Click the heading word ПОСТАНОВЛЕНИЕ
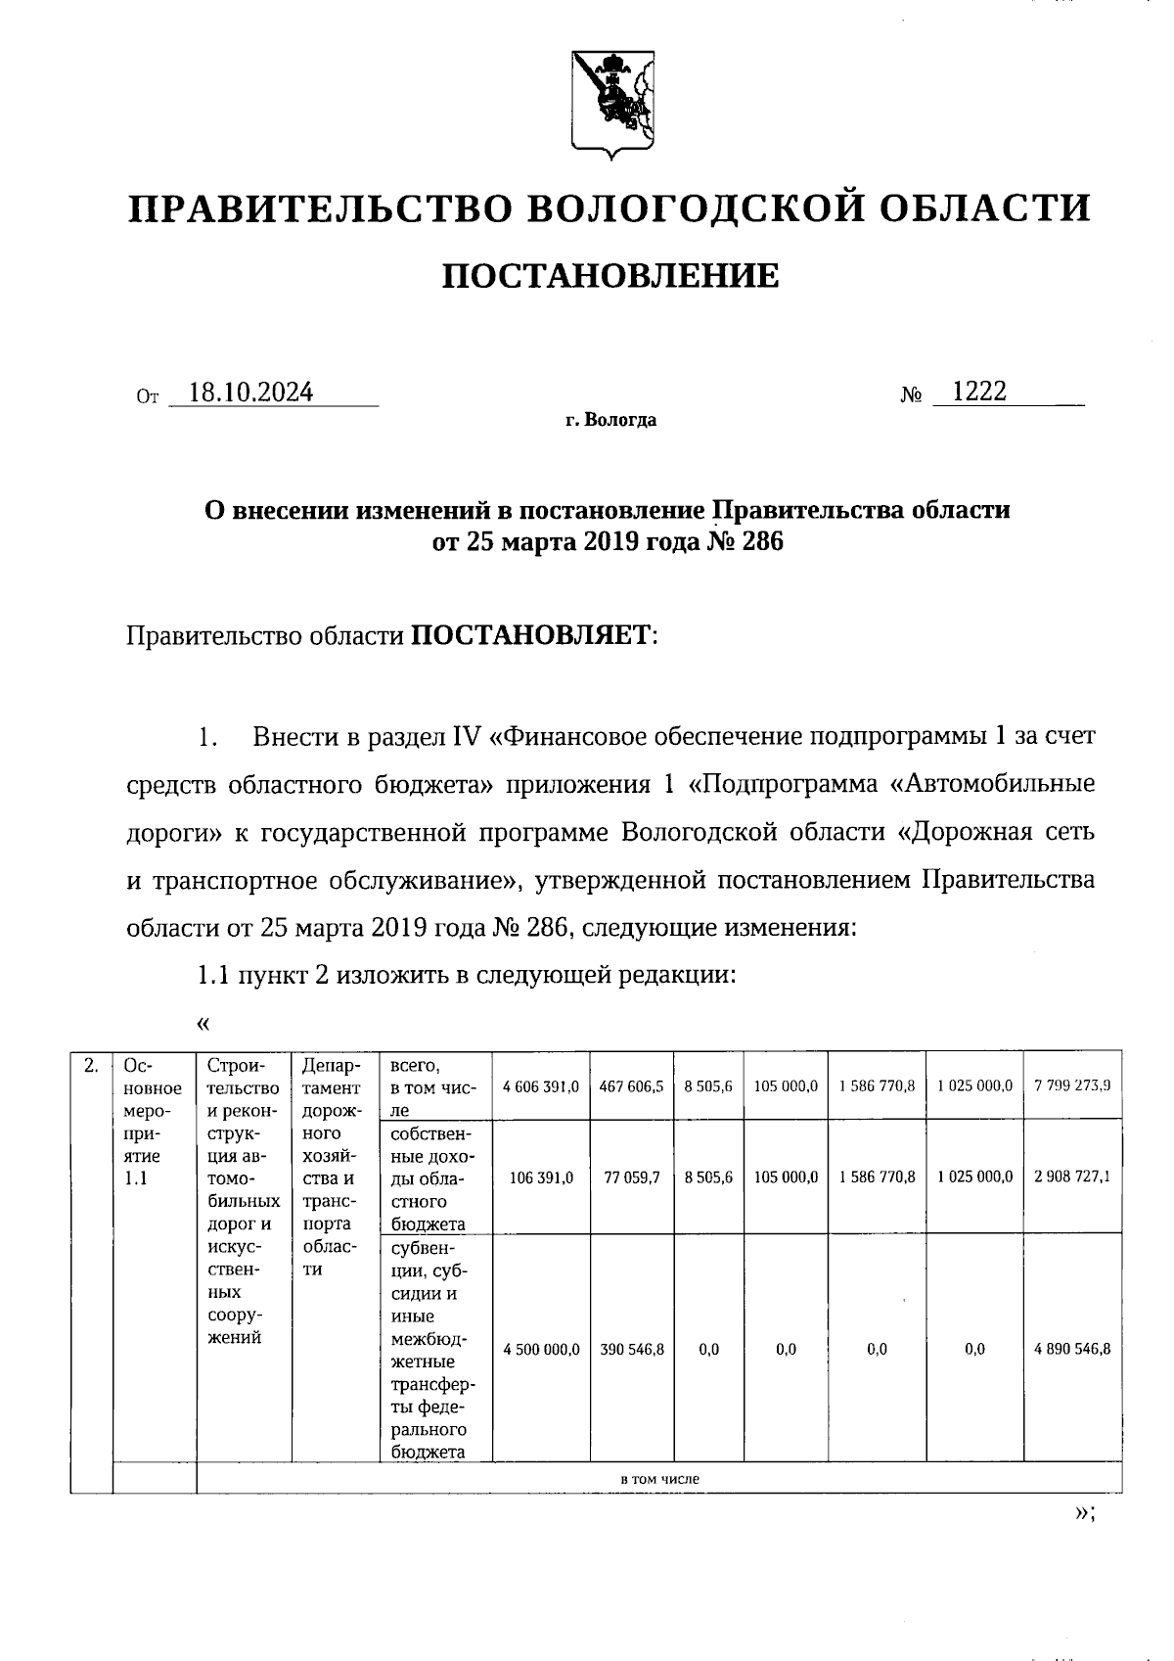(x=610, y=276)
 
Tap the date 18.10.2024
(x=251, y=393)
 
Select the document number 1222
(x=978, y=392)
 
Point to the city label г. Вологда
(x=610, y=421)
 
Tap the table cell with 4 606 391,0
(x=541, y=1085)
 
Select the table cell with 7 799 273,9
(x=1071, y=1085)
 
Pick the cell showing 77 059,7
(x=632, y=1177)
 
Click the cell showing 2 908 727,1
(x=1071, y=1177)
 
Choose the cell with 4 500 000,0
(x=541, y=1349)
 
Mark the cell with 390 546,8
(x=632, y=1349)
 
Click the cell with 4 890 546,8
(x=1071, y=1349)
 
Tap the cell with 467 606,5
(x=632, y=1085)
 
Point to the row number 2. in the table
(x=91, y=1066)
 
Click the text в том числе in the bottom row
(x=659, y=1479)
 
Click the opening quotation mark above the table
(x=203, y=1024)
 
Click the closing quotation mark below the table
(x=1082, y=1513)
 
